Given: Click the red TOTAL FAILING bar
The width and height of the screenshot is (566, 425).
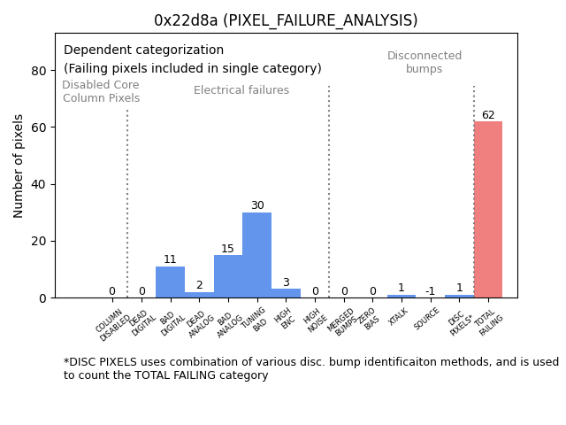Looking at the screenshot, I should pos(488,210).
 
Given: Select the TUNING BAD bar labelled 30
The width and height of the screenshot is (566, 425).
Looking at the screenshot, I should pos(257,255).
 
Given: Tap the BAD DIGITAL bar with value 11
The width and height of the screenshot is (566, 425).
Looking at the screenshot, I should pos(171,282).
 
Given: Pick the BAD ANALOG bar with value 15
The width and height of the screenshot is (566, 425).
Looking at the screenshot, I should pos(228,276).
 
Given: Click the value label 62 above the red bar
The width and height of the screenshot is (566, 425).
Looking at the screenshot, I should pos(488,115).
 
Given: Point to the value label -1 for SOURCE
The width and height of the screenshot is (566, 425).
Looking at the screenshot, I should pos(430,291).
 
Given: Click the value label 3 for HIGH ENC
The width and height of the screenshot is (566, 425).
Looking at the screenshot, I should pos(286,282).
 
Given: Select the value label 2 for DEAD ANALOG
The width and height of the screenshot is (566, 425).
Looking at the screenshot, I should pos(199,285).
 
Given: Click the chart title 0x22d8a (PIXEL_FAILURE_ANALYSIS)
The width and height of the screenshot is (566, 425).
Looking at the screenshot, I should pos(286,20).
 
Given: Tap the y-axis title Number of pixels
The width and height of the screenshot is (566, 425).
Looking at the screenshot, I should pos(19,166).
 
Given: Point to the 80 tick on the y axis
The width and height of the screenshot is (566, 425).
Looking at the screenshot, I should pos(41,71).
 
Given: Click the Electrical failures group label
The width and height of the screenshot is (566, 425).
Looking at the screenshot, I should pos(241,90).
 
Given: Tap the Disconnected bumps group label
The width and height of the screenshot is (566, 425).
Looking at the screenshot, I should pos(424,63).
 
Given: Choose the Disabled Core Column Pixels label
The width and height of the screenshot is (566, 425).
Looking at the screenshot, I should pos(101,91).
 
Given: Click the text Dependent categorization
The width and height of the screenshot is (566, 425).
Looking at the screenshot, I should pos(143,50).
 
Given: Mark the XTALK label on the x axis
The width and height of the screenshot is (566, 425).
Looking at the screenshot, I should pos(399,319).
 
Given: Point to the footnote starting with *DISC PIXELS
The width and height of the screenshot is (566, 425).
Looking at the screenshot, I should pos(310,368).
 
